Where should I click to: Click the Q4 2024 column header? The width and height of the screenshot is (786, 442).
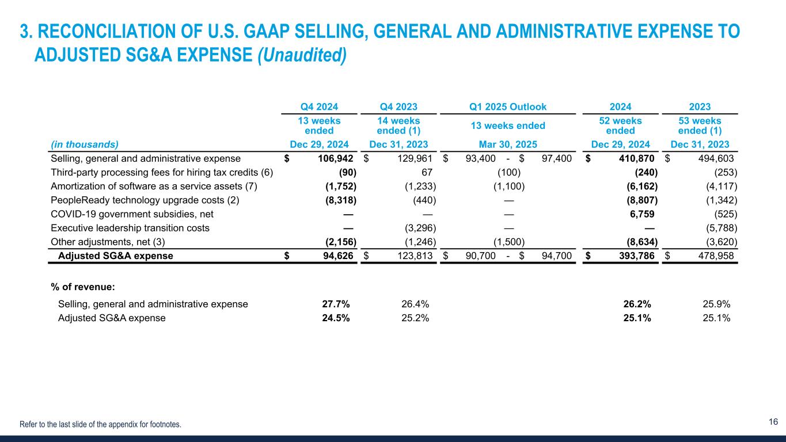pyautogui.click(x=319, y=106)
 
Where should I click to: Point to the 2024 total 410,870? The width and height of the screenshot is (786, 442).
pyautogui.click(x=633, y=158)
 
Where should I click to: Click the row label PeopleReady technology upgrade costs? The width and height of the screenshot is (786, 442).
pyautogui.click(x=138, y=200)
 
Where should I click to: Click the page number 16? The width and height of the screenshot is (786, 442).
pyautogui.click(x=773, y=422)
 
